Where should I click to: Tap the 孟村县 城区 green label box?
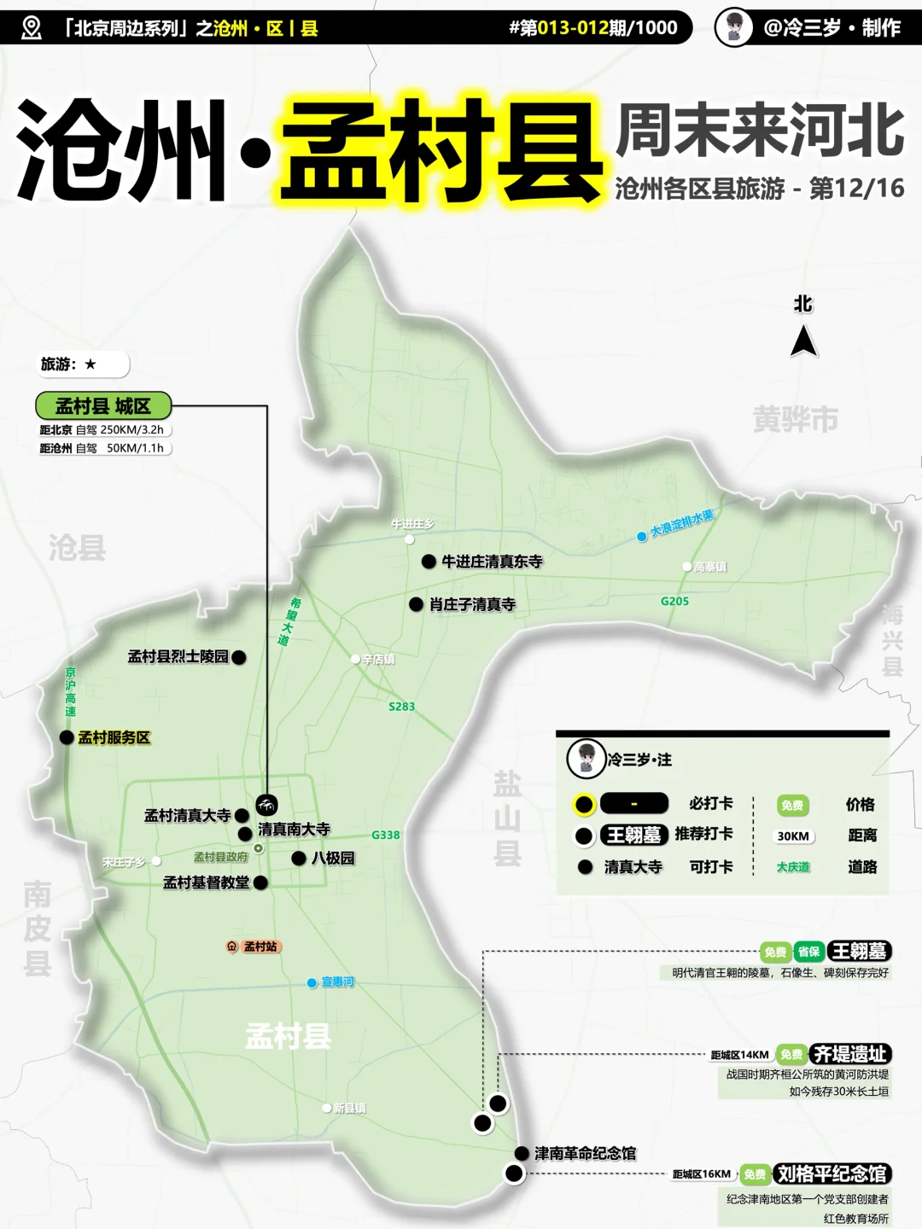coord(103,405)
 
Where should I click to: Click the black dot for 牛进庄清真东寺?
coord(429,562)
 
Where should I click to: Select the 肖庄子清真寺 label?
coord(472,604)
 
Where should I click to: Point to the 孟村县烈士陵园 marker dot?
coord(239,657)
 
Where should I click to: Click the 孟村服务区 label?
coord(114,737)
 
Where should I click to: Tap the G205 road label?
coord(674,601)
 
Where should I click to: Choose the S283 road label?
coord(401,707)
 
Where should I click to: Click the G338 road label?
coord(385,835)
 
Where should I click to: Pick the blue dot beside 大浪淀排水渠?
coord(642,537)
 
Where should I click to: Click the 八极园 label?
coord(332,858)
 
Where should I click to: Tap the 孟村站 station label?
coord(260,947)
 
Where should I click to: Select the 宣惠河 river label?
coord(337,982)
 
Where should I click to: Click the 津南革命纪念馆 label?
coord(585,1153)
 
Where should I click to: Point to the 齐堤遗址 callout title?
coord(850,1054)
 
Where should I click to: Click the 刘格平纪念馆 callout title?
coord(832,1174)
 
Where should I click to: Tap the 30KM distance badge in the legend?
coord(792,836)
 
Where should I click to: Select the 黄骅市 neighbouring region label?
coord(795,419)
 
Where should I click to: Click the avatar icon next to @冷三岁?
coord(733,27)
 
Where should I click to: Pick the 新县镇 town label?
coord(349,1108)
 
